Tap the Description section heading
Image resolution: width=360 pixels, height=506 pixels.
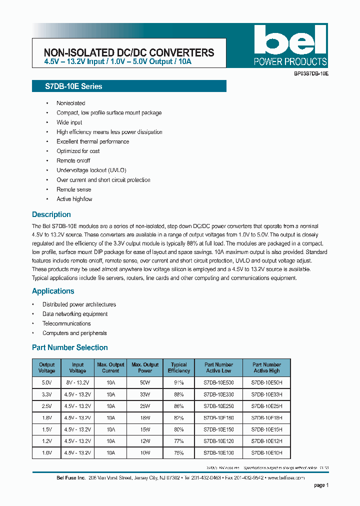(x=51, y=214)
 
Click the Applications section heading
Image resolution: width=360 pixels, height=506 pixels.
(x=53, y=291)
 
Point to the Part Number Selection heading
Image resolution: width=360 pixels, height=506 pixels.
(x=70, y=347)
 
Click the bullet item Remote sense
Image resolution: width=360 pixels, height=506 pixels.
(x=74, y=189)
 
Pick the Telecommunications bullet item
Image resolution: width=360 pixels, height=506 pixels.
(x=66, y=323)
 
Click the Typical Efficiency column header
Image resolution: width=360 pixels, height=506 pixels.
(x=179, y=367)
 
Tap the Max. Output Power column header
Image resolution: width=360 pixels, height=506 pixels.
(x=145, y=367)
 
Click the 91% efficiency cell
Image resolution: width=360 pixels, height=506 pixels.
(x=179, y=382)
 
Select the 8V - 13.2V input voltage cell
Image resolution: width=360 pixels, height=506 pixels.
(x=77, y=382)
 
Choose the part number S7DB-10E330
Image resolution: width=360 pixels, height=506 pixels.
(x=218, y=394)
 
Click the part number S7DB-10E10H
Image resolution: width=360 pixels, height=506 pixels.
(x=266, y=452)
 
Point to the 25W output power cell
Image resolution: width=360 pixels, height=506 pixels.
(x=145, y=405)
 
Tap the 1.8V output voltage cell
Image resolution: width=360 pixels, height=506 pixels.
(x=46, y=417)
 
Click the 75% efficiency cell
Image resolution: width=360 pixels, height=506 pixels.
(x=179, y=452)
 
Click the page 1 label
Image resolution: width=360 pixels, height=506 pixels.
(x=321, y=485)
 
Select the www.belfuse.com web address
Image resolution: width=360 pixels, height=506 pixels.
(x=285, y=477)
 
